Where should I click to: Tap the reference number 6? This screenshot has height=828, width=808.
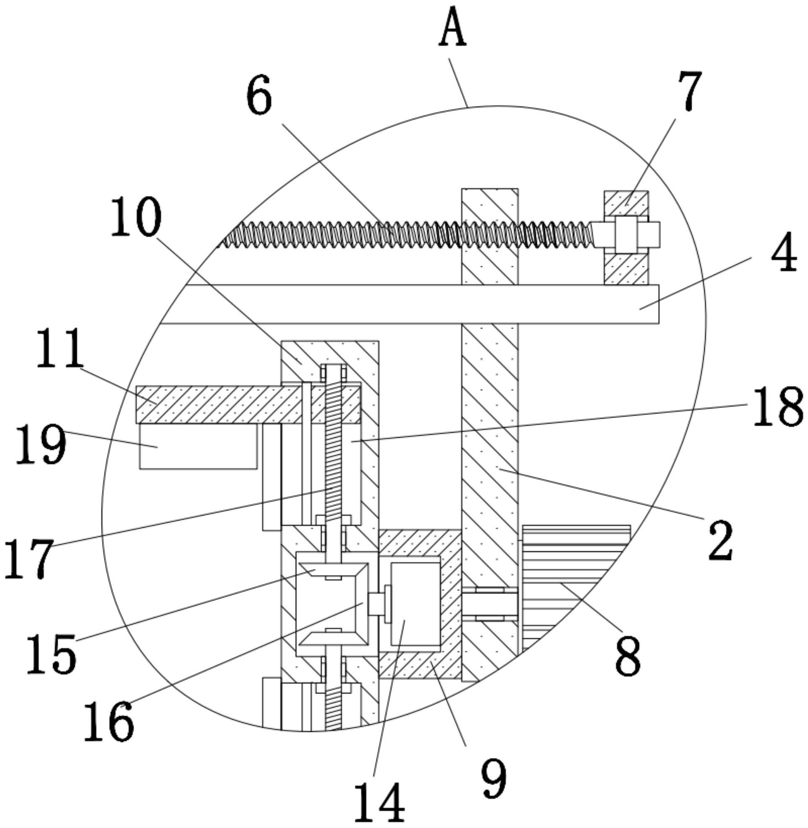pos(259,95)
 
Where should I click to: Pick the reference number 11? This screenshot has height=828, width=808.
pos(59,349)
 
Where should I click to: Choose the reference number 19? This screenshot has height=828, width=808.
pos(41,445)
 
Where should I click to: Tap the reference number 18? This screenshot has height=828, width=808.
pos(777,408)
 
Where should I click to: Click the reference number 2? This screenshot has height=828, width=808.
pos(721,540)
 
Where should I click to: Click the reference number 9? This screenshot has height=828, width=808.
pos(493,777)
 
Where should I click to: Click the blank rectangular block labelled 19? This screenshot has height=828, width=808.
pos(198,446)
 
